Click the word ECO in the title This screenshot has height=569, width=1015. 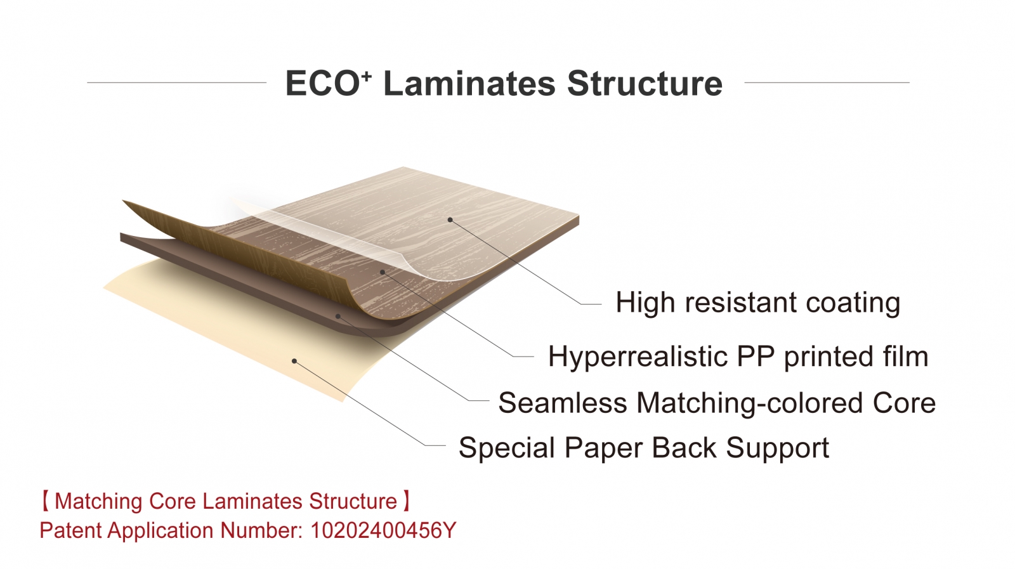click(323, 83)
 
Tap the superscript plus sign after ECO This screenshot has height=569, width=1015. click(367, 75)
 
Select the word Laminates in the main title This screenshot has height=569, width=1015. click(469, 83)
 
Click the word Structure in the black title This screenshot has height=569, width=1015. click(645, 83)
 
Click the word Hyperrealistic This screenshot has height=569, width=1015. click(638, 357)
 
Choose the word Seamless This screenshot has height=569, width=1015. click(563, 402)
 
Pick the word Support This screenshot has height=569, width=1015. click(778, 448)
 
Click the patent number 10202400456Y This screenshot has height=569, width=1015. click(383, 530)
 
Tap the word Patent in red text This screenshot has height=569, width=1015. click(70, 530)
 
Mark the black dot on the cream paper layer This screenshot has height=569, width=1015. click(294, 361)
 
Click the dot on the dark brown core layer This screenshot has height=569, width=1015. click(338, 316)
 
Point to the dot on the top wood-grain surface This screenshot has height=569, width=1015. click(450, 219)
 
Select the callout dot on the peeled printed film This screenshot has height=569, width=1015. click(383, 272)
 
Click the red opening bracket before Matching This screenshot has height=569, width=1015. click(46, 501)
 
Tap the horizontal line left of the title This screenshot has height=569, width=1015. click(177, 82)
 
